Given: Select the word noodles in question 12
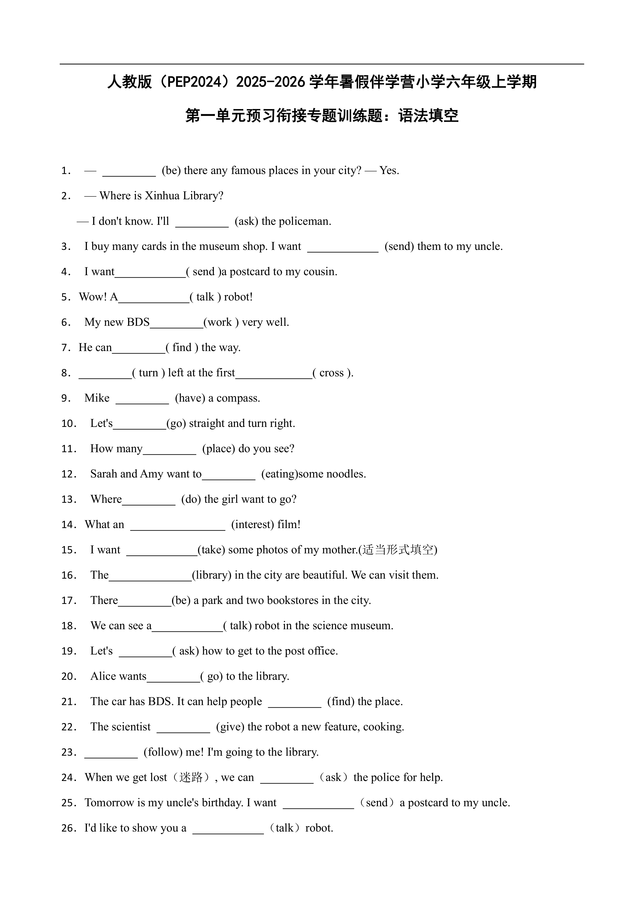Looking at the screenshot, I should click(345, 474).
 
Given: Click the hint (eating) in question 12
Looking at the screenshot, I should click(279, 474).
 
